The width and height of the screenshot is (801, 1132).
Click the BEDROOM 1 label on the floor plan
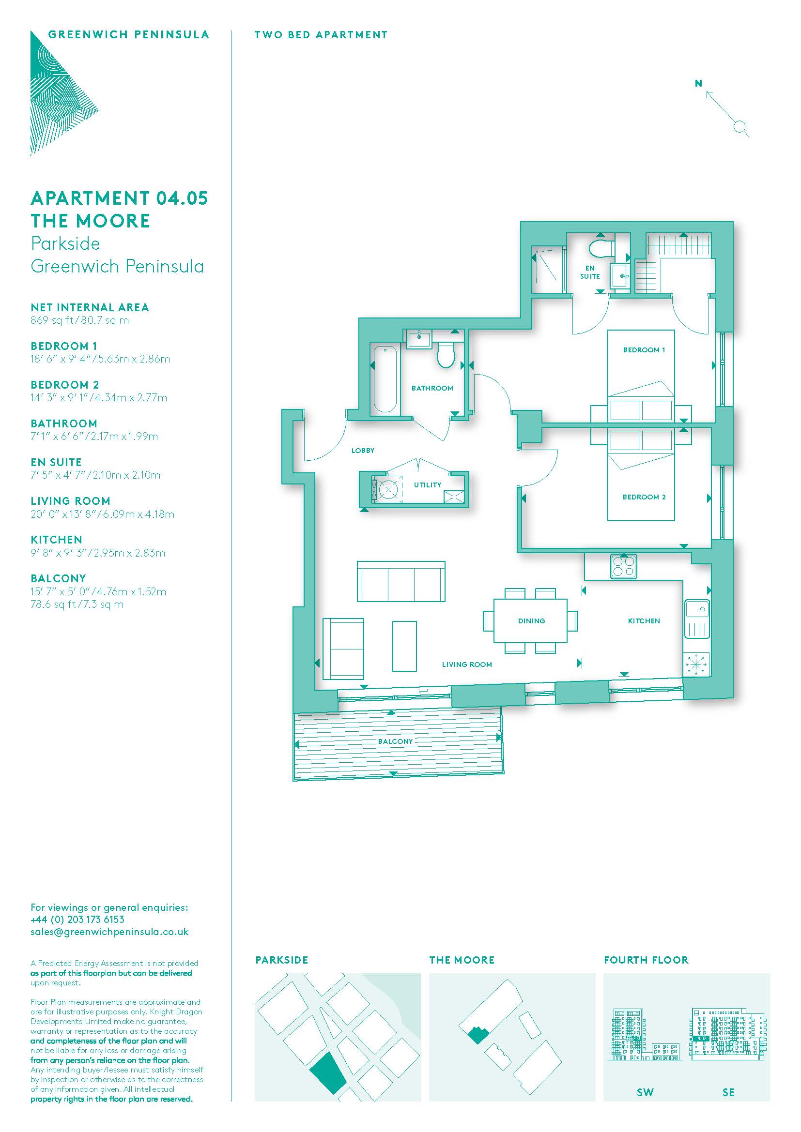pos(644,349)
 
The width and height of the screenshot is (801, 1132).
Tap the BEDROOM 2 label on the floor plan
pos(644,497)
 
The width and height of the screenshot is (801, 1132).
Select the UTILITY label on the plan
pos(427,484)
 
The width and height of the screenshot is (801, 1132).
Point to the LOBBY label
pos(363,450)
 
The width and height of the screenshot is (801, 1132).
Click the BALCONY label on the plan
pos(395,741)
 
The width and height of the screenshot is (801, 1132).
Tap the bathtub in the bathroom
pos(385,379)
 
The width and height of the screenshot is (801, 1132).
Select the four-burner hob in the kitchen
pos(623,566)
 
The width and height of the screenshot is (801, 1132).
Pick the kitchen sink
pos(696,619)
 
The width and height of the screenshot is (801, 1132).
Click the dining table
pos(530,620)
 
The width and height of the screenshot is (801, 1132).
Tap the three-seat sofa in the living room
pos(401,581)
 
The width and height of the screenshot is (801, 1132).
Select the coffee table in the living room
pos(404,646)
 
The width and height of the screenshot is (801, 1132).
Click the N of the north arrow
pos(698,83)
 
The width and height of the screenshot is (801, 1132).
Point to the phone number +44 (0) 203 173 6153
pos(77,920)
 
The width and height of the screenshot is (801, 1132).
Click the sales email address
pos(109,932)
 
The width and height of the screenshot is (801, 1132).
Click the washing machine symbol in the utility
pos(388,490)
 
